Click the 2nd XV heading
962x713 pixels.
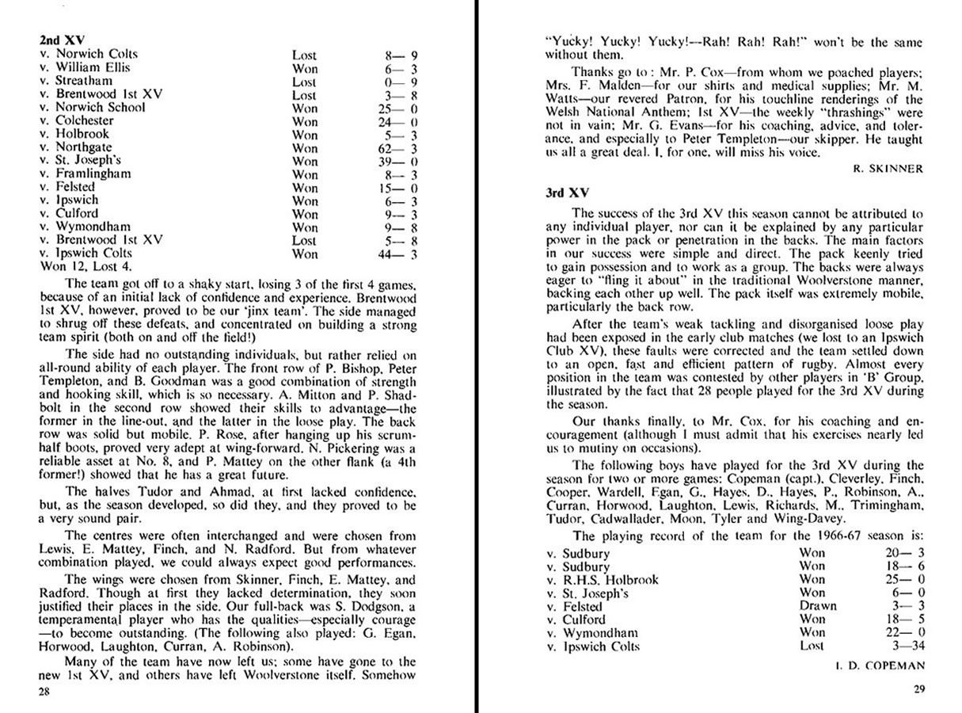click(x=62, y=39)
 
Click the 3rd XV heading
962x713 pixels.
click(x=568, y=193)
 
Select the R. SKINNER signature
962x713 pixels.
click(x=888, y=169)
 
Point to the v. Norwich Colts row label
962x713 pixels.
click(x=89, y=54)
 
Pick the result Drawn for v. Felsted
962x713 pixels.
click(x=818, y=606)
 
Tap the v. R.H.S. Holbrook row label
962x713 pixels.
click(x=603, y=580)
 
